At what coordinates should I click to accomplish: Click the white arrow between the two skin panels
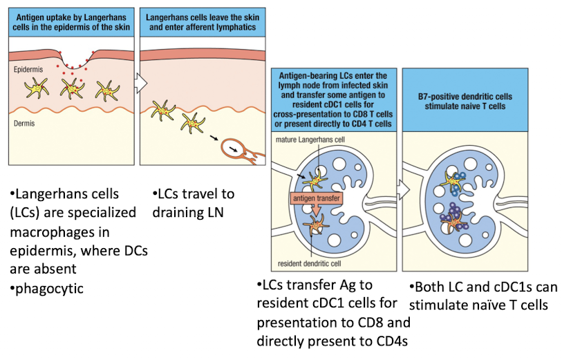click(141, 84)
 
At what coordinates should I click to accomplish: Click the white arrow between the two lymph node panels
click(402, 187)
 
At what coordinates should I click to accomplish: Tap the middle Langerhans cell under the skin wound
click(71, 88)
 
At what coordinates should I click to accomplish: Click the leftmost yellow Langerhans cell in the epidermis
click(36, 87)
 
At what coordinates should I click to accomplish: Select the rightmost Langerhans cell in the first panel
click(107, 91)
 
